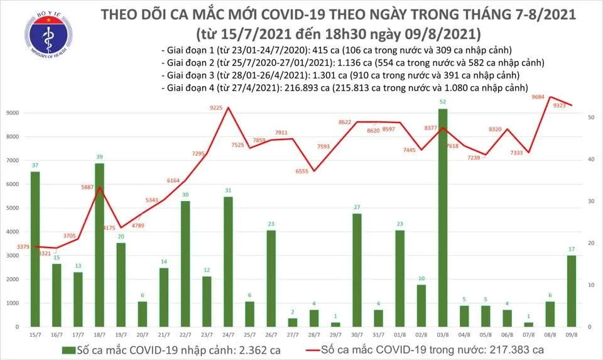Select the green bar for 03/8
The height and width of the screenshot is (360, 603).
[x=443, y=217]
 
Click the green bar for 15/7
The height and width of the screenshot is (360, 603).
[x=35, y=249]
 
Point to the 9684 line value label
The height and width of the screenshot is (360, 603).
[x=538, y=97]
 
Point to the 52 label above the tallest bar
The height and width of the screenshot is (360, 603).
[x=443, y=102]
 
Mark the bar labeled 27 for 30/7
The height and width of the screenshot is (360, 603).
[x=357, y=270]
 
